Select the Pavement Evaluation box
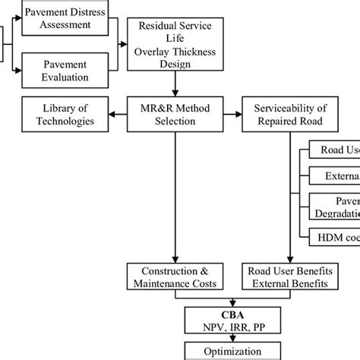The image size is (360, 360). tap(64, 71)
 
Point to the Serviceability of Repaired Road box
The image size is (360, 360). tap(286, 114)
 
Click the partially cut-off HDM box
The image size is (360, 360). tap(334, 238)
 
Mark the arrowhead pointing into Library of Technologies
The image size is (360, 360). tap(114, 114)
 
